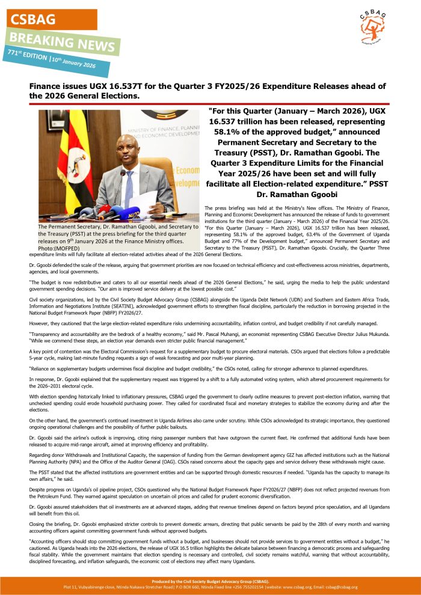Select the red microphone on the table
(x=103, y=210)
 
